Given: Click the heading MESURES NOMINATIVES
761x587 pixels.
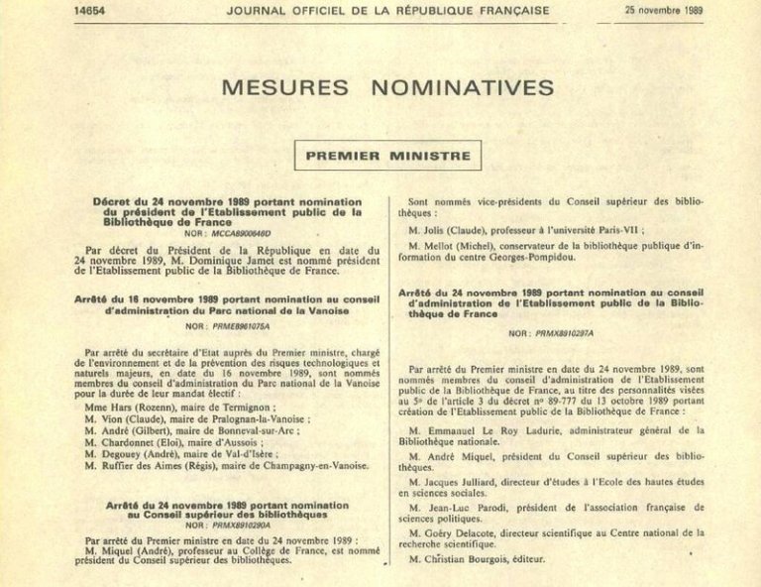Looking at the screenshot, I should (387, 87).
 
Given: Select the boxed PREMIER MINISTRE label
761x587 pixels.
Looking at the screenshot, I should (387, 156).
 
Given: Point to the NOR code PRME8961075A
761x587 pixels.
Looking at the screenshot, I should (222, 323).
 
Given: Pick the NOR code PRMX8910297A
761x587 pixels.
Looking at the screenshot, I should (552, 333).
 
